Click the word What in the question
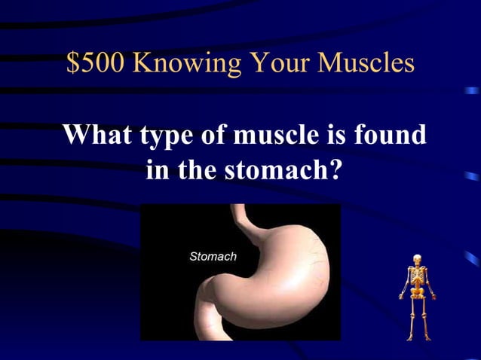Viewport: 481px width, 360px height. [96, 136]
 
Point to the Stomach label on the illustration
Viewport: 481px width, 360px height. [213, 256]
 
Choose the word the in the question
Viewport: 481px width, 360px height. [196, 170]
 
